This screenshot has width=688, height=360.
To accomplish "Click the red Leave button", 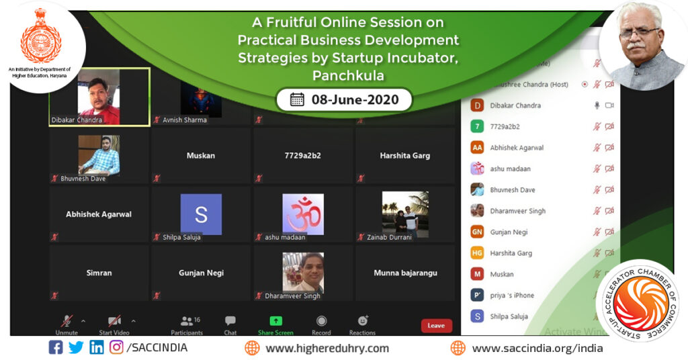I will point(436,326).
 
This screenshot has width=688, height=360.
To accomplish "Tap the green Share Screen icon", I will point(275,321).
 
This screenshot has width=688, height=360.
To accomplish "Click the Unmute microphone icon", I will point(67,321).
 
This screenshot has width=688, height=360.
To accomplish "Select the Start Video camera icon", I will point(114,321).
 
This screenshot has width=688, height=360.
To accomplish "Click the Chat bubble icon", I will point(230,321).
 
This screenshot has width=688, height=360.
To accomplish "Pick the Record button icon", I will point(321,321).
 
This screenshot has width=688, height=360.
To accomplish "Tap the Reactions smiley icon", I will point(363,321).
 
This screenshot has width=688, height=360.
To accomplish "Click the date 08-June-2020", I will point(355,100).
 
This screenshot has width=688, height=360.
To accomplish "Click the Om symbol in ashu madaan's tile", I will point(302,214).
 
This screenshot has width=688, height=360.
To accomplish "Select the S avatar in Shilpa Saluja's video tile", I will point(201,214).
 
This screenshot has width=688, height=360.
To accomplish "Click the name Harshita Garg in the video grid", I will point(405,156).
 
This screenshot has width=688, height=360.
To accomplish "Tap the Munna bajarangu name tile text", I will point(405,273).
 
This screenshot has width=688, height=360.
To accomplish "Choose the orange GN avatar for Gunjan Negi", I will point(477,232).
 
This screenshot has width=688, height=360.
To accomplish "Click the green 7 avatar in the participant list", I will point(477,126).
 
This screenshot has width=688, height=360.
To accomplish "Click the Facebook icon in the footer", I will point(56,348).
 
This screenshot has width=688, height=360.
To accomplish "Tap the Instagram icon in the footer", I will point(116,348).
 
